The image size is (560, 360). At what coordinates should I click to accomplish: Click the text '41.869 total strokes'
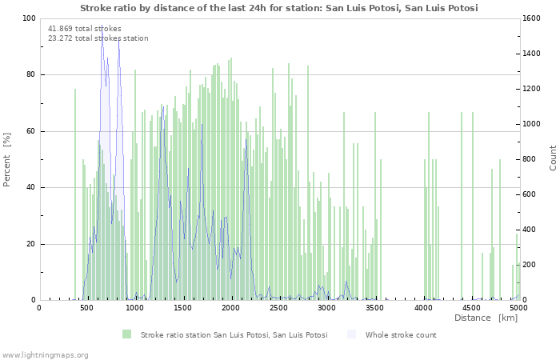[85, 29]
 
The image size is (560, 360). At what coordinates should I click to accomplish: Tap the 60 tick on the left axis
[31, 131]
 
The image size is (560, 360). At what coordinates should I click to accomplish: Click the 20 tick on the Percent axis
[31, 244]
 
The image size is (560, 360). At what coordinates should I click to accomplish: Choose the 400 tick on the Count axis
[530, 230]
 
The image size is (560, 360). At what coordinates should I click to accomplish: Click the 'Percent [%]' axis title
[7, 160]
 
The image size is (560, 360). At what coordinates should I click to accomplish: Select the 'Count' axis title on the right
[553, 158]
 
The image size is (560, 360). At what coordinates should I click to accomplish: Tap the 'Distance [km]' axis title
[486, 318]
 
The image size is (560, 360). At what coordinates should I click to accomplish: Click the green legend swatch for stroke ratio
[126, 334]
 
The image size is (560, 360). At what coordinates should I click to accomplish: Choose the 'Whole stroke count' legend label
[401, 335]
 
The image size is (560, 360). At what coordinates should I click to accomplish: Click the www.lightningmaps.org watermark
[45, 354]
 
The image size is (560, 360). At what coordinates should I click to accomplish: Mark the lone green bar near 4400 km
[462, 206]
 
